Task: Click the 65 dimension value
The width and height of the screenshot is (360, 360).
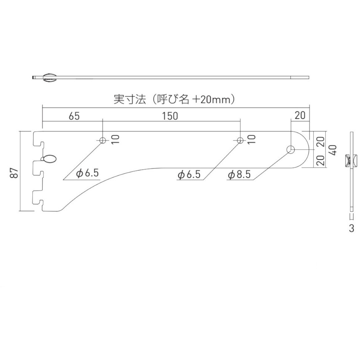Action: pyautogui.click(x=74, y=116)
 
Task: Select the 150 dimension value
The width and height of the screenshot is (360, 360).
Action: pyautogui.click(x=170, y=116)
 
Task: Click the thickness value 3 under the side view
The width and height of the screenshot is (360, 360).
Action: pyautogui.click(x=351, y=229)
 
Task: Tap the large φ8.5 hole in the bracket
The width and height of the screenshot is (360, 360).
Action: pyautogui.click(x=291, y=150)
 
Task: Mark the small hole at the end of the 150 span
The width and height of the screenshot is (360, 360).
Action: pyautogui.click(x=240, y=140)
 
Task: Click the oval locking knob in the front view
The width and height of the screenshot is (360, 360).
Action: pyautogui.click(x=50, y=159)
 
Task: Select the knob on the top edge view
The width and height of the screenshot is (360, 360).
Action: pyautogui.click(x=49, y=78)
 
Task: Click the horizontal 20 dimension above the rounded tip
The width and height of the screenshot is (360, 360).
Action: pyautogui.click(x=300, y=115)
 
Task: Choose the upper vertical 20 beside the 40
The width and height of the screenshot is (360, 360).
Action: pyautogui.click(x=321, y=142)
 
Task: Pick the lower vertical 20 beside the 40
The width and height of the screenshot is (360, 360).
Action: pyautogui.click(x=321, y=160)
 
